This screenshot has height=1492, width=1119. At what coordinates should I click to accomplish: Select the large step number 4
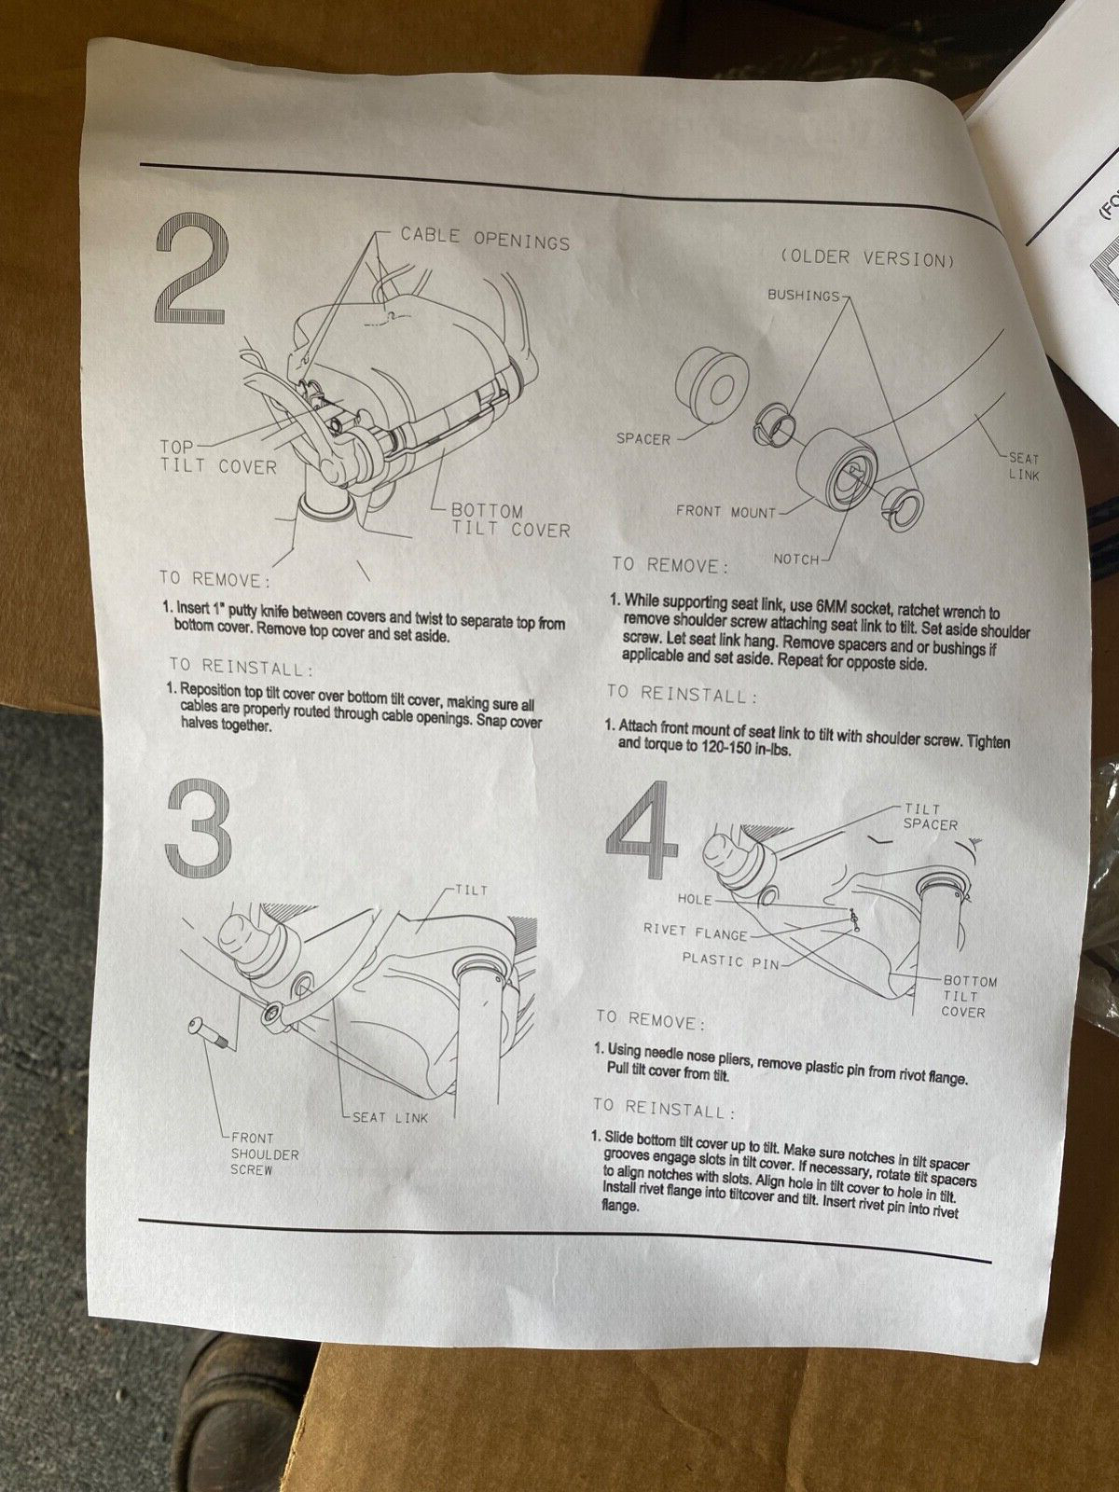pos(642,829)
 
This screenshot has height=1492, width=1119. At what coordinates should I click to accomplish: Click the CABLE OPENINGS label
pos(484,240)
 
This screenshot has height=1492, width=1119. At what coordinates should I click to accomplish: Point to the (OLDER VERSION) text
pos(866,258)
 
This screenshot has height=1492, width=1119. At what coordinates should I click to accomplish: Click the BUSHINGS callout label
pos(804,296)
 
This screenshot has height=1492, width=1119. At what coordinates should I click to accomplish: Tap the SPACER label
pos(642,439)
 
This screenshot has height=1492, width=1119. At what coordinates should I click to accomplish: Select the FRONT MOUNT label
pos(725,512)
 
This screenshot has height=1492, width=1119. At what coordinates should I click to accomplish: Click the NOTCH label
pos(795,559)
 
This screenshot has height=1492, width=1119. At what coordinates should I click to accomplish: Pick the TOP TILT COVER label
pos(217,457)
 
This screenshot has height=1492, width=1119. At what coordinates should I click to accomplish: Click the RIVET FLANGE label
pos(695,932)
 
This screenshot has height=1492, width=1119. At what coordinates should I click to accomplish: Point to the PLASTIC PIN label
pos(730,960)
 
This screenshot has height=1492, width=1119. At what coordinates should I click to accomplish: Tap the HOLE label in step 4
pos(695,899)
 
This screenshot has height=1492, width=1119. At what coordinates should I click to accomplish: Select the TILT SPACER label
pos(929,817)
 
